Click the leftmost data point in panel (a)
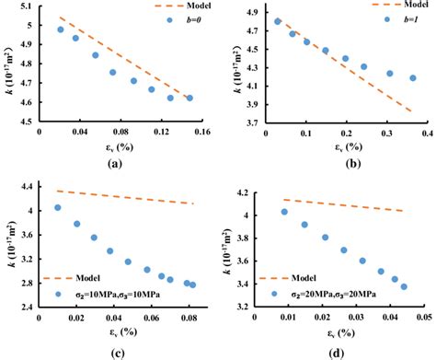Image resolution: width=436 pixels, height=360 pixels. tap(61, 29)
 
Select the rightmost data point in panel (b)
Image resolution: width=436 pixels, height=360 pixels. tap(412, 78)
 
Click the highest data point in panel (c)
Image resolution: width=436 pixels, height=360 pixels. tap(57, 208)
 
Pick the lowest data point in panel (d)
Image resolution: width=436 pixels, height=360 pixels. tap(404, 286)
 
